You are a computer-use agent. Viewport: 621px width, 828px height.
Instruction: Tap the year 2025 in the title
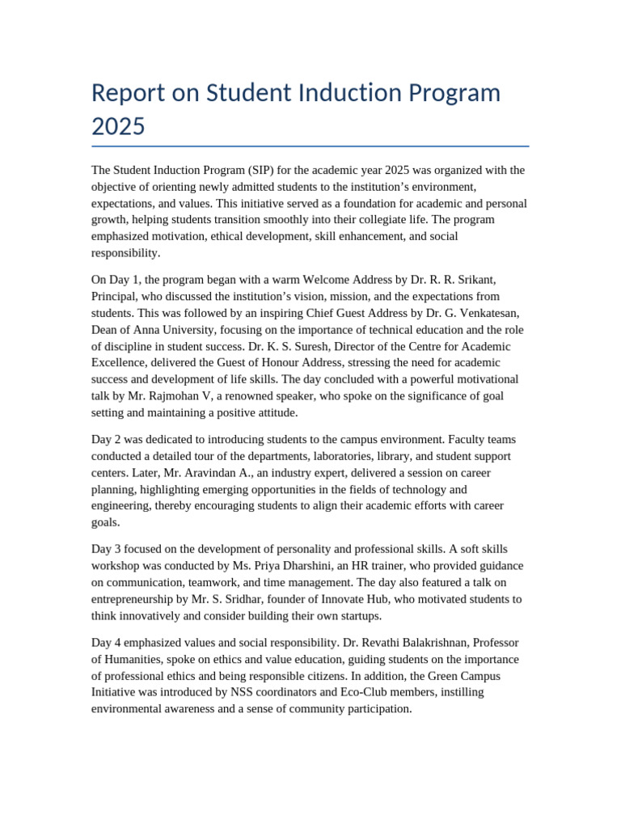(x=118, y=126)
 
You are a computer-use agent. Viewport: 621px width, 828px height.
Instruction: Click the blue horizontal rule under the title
(x=310, y=146)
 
